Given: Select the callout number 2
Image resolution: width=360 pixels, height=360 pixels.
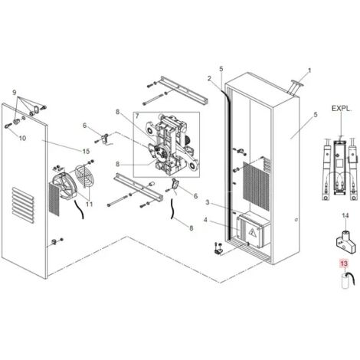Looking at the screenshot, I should [x=209, y=78].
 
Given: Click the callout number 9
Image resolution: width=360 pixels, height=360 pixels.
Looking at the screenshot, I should [x=13, y=92].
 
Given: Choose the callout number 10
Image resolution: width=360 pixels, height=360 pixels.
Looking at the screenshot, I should [x=22, y=138].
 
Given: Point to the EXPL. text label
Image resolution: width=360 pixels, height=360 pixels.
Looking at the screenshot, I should [x=341, y=110].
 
